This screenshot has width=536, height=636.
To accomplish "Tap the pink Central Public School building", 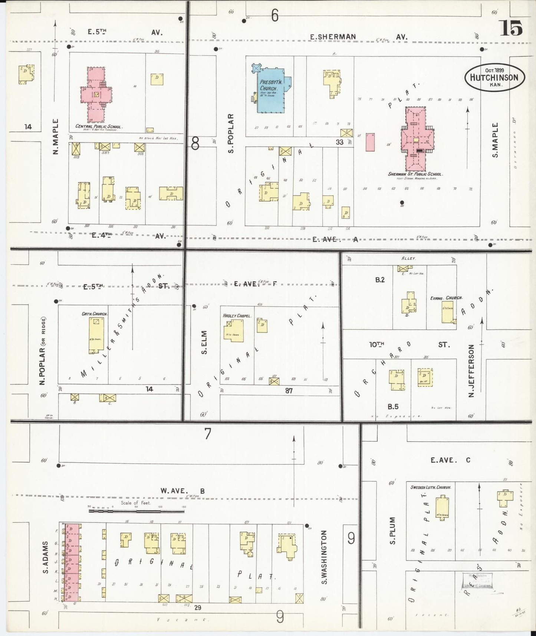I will coord(96,94).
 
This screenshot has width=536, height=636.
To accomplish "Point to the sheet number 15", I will coord(511,28).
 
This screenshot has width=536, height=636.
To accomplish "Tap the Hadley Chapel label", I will coord(237,316).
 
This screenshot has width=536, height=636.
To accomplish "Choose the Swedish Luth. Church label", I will coord(430,487).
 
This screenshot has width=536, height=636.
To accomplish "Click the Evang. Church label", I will coord(446,298).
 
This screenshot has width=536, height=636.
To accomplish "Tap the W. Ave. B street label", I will coord(182,491).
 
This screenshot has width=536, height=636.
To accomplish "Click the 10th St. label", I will coord(408,345).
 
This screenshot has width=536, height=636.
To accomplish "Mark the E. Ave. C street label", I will coord(450,460).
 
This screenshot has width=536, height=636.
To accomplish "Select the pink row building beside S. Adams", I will coord(72,563).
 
